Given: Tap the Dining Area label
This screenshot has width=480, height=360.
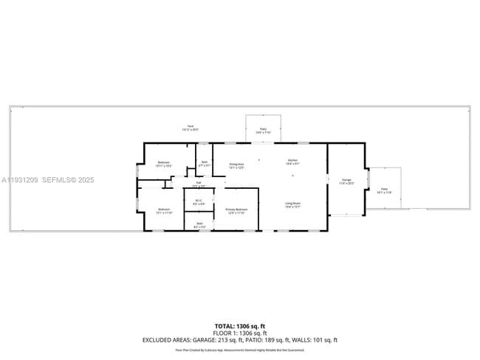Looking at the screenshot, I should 236,166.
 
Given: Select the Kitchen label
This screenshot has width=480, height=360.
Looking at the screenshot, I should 292,162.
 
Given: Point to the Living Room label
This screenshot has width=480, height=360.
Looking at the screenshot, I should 292,205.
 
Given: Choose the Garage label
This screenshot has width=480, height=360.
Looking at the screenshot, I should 346,181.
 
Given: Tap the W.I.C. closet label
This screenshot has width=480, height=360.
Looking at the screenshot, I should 199,201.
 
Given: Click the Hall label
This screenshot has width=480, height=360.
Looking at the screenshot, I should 199,184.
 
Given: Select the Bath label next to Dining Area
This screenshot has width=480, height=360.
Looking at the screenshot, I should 205,164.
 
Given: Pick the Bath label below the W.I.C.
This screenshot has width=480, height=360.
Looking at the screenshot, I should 199,224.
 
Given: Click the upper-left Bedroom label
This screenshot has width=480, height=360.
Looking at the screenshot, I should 164,164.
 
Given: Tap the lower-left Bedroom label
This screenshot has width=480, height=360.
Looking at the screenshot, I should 164,211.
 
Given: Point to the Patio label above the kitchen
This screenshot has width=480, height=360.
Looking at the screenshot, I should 263,131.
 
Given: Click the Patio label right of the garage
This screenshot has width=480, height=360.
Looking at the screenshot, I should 384,191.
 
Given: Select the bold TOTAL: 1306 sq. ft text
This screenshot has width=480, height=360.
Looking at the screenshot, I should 239,325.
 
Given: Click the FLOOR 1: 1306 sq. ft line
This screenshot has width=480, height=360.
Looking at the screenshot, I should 239,333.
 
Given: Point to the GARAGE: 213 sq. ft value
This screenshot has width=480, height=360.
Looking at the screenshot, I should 222,340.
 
